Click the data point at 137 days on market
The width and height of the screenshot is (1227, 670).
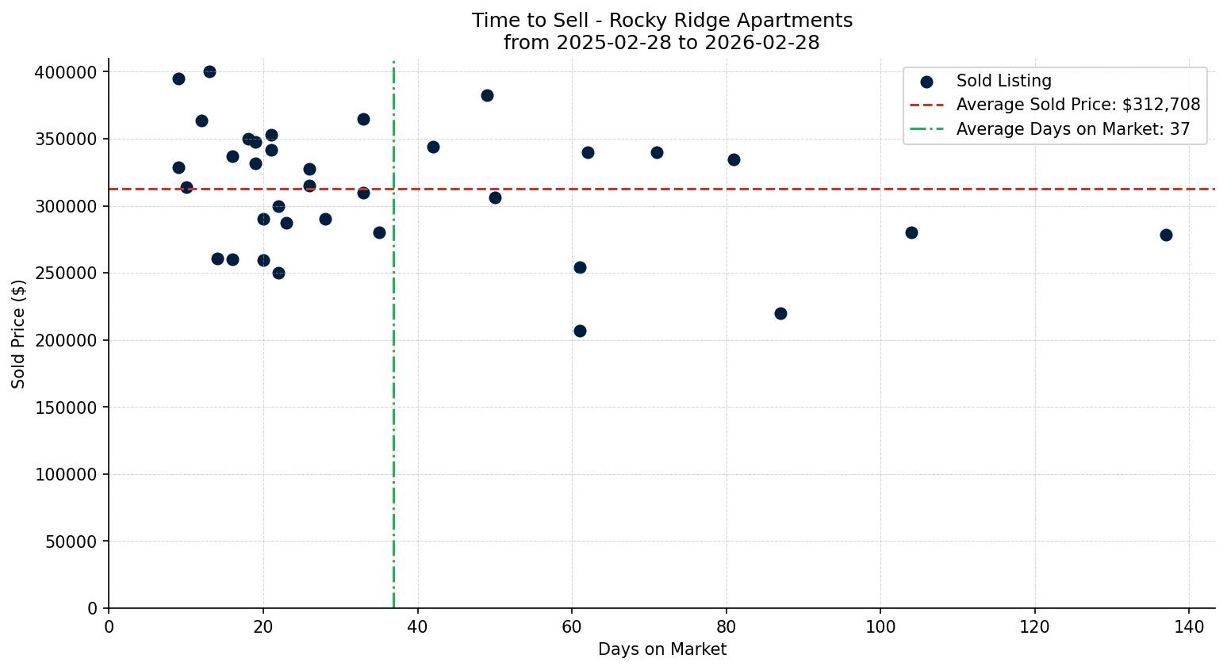pos(1166,235)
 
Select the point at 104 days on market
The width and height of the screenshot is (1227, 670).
pos(911,232)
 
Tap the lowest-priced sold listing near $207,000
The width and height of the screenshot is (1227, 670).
pos(580,331)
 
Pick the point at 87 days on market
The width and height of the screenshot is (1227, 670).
pos(780,313)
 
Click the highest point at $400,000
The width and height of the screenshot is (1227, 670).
pos(209,71)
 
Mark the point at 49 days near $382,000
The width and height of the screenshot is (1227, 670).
pos(487,95)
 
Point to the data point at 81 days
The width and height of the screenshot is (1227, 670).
pos(734,159)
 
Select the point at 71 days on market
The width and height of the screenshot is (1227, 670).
pos(657,152)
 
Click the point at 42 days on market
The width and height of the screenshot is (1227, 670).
pos(433,147)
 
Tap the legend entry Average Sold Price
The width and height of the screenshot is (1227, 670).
pos(1078,105)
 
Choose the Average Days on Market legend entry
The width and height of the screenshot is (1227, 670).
pos(1072,129)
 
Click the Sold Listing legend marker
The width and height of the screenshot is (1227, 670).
pos(926,81)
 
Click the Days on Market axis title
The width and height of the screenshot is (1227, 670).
pos(661,649)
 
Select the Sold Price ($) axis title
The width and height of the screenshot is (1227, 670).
pos(19,334)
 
